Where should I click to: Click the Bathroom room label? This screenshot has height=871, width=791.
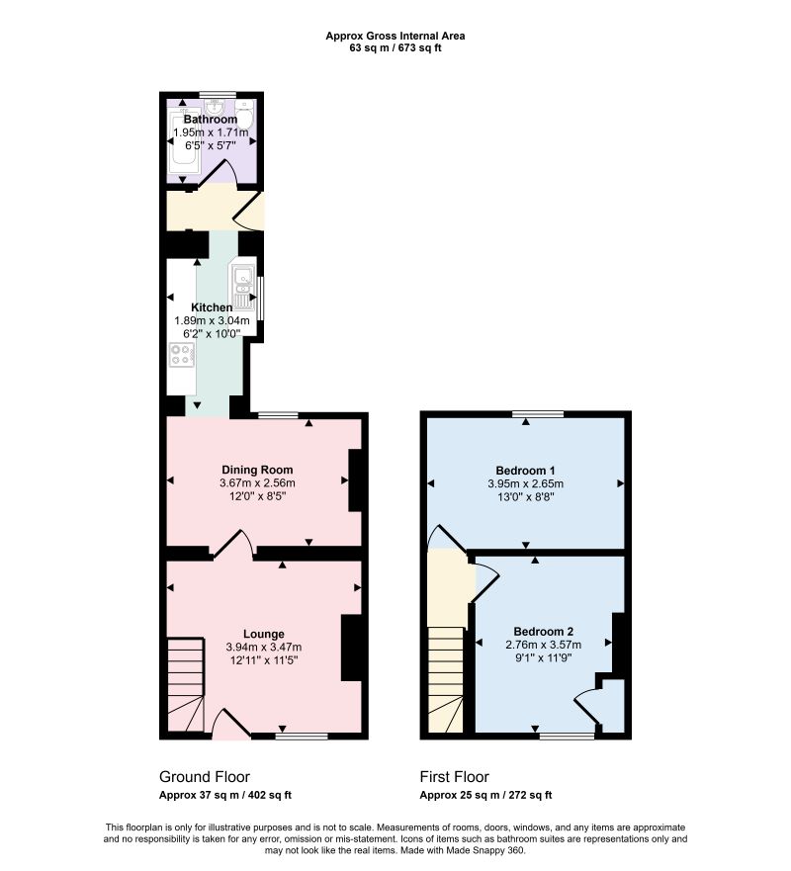(210, 120)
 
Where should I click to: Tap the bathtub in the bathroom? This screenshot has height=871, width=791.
(183, 140)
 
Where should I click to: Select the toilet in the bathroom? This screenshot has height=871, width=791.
(244, 114)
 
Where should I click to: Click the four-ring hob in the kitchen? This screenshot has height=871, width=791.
(182, 354)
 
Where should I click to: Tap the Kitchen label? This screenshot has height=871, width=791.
(212, 307)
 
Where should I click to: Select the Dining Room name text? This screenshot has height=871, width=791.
(257, 470)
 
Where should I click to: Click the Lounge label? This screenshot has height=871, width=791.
(264, 634)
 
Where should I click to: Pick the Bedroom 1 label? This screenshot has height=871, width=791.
(525, 471)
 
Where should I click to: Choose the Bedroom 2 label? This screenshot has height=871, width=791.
(543, 632)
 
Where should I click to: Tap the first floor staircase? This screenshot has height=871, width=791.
(446, 679)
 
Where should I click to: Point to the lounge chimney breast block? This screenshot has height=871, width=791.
(351, 648)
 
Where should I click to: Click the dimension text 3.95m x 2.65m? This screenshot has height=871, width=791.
(525, 483)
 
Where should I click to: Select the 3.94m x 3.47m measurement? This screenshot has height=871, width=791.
(264, 648)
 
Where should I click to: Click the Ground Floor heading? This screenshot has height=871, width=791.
(205, 776)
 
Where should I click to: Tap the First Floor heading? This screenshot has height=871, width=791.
(455, 776)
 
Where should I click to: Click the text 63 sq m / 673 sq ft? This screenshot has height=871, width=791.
(395, 47)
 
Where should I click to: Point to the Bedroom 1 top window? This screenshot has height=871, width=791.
(538, 414)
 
